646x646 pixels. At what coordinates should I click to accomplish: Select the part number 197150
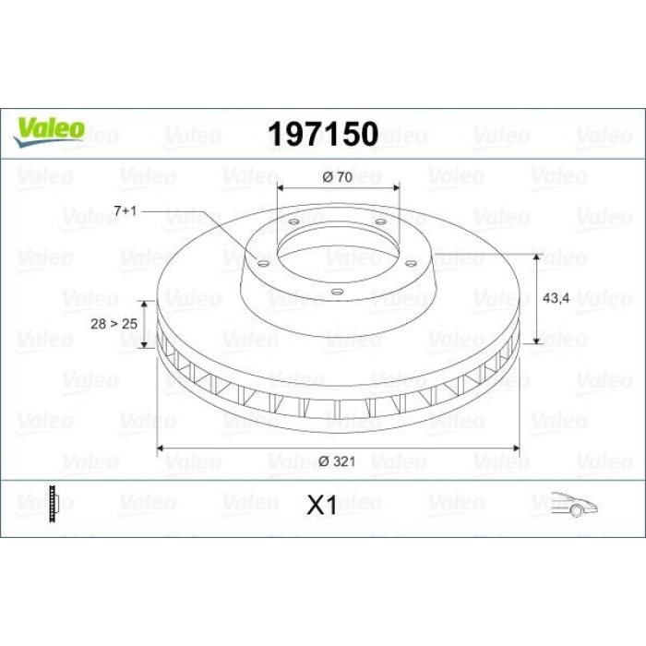coord(322,135)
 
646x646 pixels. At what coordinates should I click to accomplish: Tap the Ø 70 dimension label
coord(339,176)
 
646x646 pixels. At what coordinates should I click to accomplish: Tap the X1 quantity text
coord(322,505)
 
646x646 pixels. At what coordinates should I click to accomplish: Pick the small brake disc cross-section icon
coord(58,503)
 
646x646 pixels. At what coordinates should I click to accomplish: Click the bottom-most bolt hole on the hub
coord(337,293)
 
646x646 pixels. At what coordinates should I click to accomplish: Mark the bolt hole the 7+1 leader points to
coord(263,264)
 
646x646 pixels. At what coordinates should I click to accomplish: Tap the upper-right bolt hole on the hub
coord(380,221)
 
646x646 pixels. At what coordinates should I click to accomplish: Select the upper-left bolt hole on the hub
coord(293,221)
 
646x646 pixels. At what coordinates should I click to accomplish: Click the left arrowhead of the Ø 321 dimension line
coord(163,449)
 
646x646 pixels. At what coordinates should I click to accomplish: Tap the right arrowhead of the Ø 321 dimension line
coord(518,449)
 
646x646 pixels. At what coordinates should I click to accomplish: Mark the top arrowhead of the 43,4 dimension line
coord(537,255)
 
